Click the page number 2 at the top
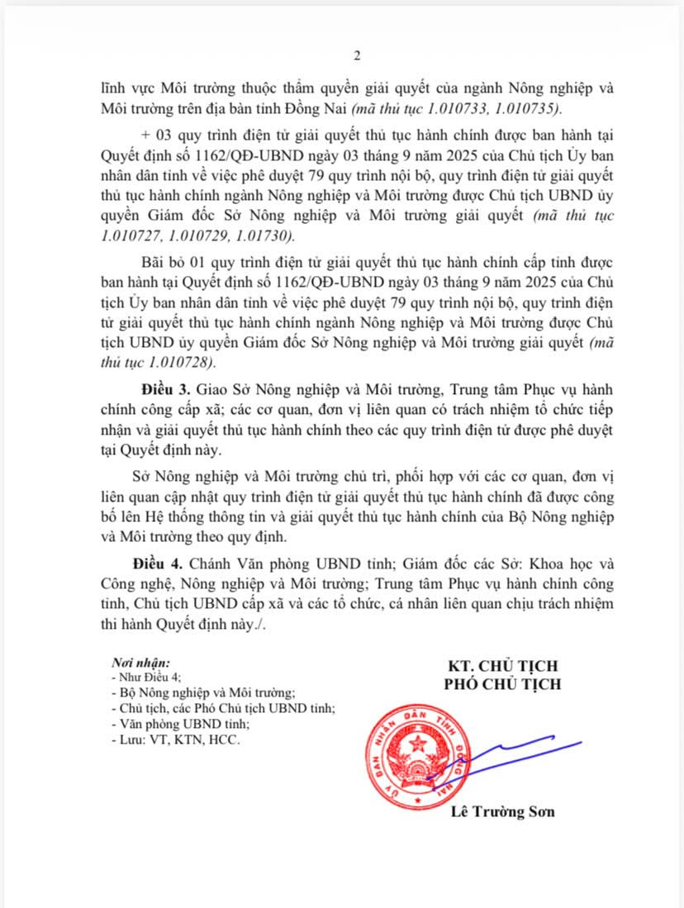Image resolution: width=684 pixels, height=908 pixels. click(357, 56)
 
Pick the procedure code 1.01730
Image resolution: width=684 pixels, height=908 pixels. click(266, 236)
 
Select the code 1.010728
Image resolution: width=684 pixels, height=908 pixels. click(183, 364)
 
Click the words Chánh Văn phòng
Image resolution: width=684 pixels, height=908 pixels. click(240, 564)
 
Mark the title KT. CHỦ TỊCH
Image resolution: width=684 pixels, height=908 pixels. click(501, 666)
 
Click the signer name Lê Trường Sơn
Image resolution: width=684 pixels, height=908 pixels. click(502, 812)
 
